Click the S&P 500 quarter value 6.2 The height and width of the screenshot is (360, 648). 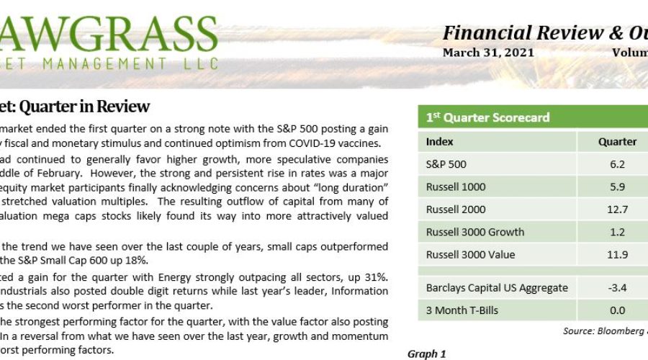point(617,164)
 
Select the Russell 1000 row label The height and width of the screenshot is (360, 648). point(456,186)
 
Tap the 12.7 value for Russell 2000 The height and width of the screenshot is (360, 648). point(617,210)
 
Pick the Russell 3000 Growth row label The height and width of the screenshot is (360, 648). point(475,232)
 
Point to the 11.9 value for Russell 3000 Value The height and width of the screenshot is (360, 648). point(617,254)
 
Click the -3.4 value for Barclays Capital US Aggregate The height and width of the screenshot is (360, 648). point(617,288)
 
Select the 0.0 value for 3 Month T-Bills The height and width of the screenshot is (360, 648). point(617,310)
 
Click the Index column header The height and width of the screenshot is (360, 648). point(440,142)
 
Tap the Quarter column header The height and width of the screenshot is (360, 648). point(617,142)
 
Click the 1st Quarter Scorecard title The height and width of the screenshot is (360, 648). point(487,117)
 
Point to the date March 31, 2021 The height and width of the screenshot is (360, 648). point(488,53)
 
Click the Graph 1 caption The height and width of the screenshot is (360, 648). point(427,354)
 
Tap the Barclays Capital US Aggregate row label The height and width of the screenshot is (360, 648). point(497,288)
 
